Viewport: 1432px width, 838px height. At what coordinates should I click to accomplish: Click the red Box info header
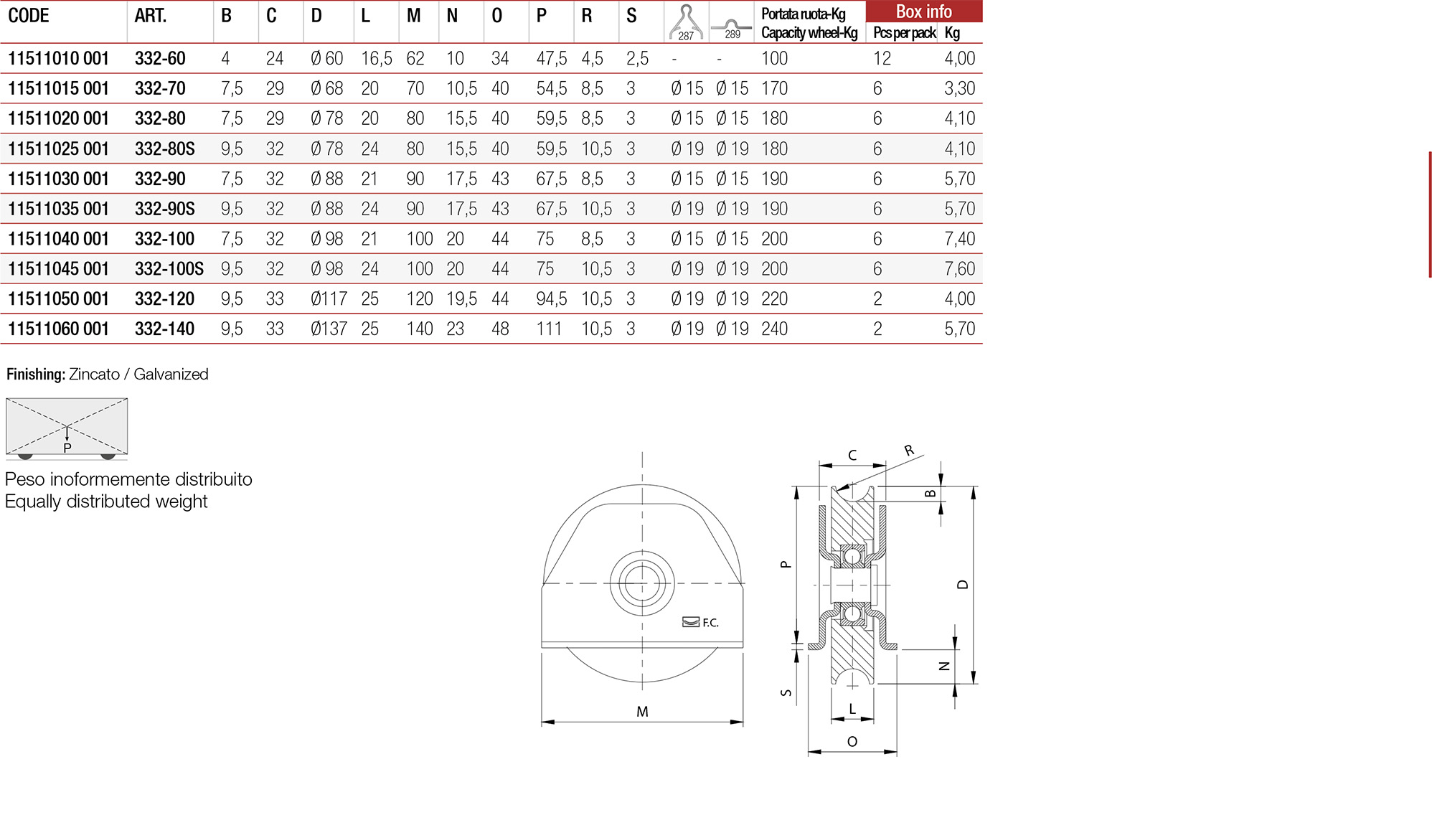[x=923, y=11]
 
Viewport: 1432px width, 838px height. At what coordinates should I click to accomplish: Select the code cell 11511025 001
[x=58, y=149]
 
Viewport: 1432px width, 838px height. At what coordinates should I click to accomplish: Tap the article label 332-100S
[x=169, y=269]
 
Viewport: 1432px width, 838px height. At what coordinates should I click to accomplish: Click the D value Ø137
[x=329, y=329]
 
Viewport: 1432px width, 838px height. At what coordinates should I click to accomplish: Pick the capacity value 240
[x=774, y=329]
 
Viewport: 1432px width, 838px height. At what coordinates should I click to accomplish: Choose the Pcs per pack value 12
[x=882, y=58]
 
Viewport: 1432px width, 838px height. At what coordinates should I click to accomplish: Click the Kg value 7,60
[x=959, y=269]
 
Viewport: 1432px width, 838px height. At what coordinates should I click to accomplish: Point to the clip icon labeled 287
[x=686, y=22]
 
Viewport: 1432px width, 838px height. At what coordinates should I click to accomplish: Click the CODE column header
[x=29, y=16]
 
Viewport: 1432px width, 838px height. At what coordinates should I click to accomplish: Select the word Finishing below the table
[x=35, y=375]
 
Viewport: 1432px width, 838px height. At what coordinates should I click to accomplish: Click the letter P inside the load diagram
[x=67, y=448]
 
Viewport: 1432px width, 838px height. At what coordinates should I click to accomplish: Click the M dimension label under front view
[x=642, y=712]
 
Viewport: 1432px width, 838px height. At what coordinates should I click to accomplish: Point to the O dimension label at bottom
[x=852, y=742]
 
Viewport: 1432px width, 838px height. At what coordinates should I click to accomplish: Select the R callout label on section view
[x=909, y=451]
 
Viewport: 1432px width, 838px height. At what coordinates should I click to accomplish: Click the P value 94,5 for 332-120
[x=551, y=299]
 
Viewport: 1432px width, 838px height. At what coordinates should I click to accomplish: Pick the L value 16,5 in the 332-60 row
[x=376, y=58]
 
